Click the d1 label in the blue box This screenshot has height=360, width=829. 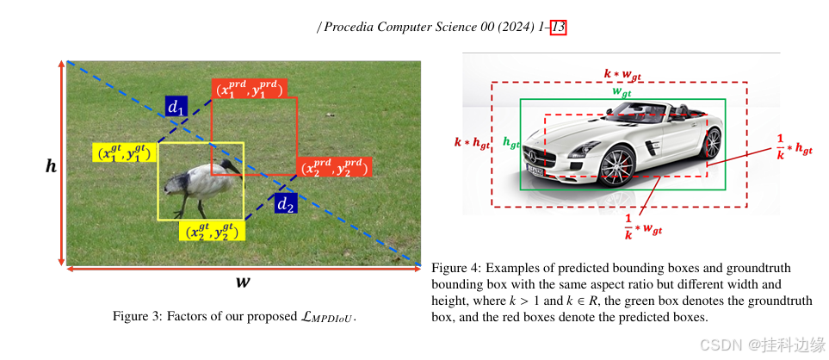coord(176,107)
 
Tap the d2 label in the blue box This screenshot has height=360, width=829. coord(286,204)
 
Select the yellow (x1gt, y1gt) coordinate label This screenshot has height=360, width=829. coord(124,153)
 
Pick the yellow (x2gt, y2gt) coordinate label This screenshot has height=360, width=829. coord(212,231)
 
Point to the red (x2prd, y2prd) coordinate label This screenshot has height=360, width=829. coord(333,167)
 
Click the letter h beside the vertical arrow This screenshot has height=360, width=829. coord(51,165)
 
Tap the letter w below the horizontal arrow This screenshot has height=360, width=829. coord(244,281)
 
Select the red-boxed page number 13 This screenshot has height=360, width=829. coord(558,28)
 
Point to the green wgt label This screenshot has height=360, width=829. coord(621,91)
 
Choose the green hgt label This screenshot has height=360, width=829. coord(510,144)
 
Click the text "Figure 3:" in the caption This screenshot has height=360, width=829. coord(137,316)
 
